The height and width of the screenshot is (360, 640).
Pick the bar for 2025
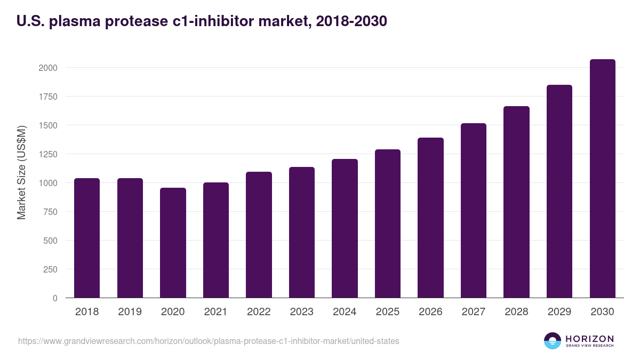point(387,223)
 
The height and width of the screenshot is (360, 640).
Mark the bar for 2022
point(259,235)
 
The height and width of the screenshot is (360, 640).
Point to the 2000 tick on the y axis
point(47,68)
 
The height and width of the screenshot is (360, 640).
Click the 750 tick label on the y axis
point(50,212)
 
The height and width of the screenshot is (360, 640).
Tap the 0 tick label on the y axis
point(55,298)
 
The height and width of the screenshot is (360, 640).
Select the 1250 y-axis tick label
point(47,154)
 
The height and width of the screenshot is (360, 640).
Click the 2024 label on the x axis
point(345,312)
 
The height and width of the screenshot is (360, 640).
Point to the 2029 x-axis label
point(559,312)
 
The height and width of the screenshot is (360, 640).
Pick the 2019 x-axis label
point(130,312)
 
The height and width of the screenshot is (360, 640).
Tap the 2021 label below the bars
point(215,312)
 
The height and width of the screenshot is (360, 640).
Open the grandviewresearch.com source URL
point(209,341)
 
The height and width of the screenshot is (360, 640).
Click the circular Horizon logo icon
point(553,341)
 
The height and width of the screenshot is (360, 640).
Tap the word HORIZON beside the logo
point(589,338)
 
